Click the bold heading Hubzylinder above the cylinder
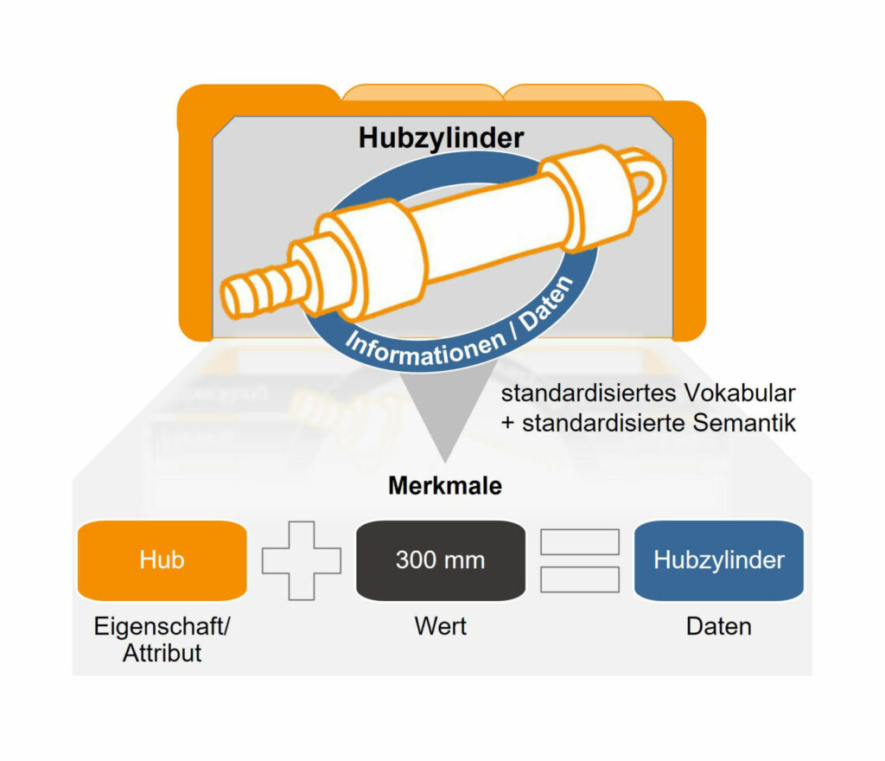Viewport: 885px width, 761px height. point(441,138)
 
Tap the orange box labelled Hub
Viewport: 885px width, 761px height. point(162,560)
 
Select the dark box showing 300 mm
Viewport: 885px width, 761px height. point(440,560)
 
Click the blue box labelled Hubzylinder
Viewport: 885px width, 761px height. point(718,560)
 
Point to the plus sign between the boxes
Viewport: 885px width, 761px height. point(301,560)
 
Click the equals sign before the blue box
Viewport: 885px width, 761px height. point(579,560)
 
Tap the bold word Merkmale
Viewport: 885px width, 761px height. point(444,486)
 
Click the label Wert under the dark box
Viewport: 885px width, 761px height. point(440,625)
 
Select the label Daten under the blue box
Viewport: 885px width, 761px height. point(718,625)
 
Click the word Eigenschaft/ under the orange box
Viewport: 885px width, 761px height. point(162,625)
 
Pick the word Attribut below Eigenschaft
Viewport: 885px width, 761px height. point(162,653)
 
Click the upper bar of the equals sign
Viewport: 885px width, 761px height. point(579,542)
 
